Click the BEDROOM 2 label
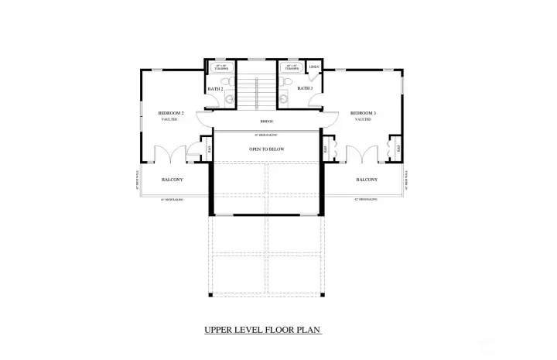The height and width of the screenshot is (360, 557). pos(170,113)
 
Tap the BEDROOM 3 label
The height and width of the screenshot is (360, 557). pos(363,113)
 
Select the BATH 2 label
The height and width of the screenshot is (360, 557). pos(215,89)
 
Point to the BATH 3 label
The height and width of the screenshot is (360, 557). pos(305,88)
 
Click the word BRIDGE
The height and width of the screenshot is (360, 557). pos(266,122)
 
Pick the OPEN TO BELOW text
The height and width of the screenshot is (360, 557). pos(266,149)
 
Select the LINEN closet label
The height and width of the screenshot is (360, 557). pos(314,67)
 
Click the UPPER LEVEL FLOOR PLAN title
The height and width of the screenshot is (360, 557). pos(262,330)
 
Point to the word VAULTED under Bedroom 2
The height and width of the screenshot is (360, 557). pos(170,120)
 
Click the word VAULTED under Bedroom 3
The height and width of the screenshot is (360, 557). pos(363,120)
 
